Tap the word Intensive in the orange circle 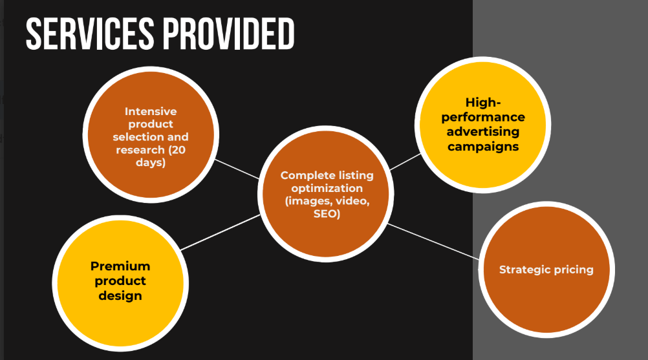(151, 111)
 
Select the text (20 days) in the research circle (151, 156)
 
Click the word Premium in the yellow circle (120, 266)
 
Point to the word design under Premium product (120, 296)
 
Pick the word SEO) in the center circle (327, 214)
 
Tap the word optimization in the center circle (327, 188)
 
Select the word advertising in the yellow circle (482, 132)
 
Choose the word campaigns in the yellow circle (482, 147)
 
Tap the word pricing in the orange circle (572, 270)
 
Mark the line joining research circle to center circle (237, 169)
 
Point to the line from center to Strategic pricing (433, 241)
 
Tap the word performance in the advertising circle (482, 117)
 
